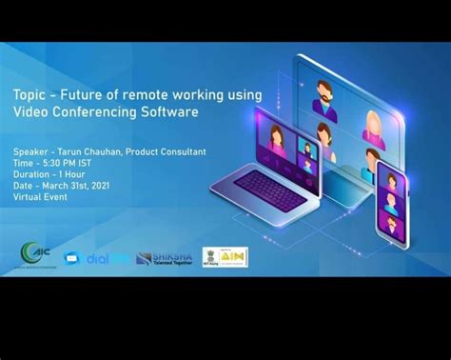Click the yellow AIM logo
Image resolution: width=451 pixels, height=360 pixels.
click(234, 256)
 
